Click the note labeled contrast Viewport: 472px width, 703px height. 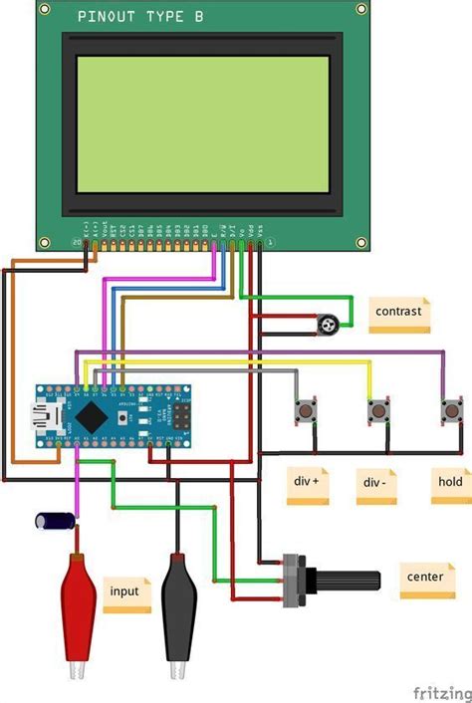click(x=399, y=313)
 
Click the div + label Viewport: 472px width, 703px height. click(x=308, y=482)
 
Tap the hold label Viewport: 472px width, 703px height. click(x=450, y=482)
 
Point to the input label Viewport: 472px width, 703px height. click(x=126, y=592)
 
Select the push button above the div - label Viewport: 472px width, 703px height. click(x=377, y=410)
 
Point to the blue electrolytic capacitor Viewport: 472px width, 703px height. click(x=55, y=520)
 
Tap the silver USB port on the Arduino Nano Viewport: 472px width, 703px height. click(x=46, y=413)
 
